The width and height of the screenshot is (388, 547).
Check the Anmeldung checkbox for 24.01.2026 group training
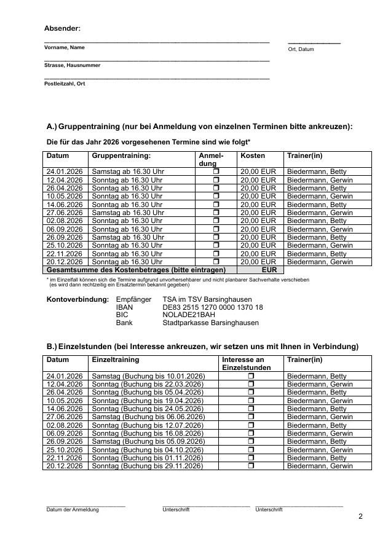coord(216,171)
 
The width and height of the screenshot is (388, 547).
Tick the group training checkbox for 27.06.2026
coord(216,213)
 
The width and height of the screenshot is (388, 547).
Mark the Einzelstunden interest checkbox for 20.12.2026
coord(251,466)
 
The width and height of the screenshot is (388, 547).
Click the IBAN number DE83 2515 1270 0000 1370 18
coord(212,307)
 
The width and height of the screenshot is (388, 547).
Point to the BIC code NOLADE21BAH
coord(184,315)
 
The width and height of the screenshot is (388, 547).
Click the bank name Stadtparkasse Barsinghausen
coord(210,323)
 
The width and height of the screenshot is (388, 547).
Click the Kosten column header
coord(253,156)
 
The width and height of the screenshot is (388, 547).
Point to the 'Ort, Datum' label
coord(301,49)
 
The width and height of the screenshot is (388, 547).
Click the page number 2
coord(361,516)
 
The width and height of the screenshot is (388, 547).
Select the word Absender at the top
coord(62,28)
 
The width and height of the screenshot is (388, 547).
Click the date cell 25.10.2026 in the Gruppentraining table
coord(64,245)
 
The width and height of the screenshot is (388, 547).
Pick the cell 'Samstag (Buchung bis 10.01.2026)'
coord(148,376)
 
